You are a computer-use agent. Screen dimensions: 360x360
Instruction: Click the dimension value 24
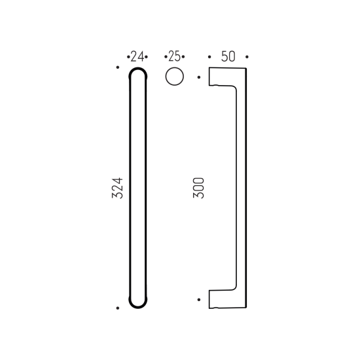(x=137, y=56)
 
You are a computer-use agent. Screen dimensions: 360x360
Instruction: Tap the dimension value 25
(x=175, y=56)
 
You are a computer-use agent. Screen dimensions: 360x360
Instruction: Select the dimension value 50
(x=228, y=56)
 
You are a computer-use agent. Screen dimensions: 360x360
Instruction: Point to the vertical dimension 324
(x=117, y=188)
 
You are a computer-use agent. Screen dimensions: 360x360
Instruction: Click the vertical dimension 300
(x=198, y=188)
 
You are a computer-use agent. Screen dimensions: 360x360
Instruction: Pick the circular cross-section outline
(x=175, y=67)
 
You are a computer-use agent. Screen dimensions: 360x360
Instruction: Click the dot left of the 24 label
(x=128, y=57)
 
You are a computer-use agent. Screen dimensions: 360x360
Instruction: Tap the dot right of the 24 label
(x=147, y=57)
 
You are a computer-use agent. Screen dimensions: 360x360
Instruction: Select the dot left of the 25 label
(x=166, y=57)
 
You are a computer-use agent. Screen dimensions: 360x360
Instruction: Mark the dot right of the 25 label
(x=183, y=57)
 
